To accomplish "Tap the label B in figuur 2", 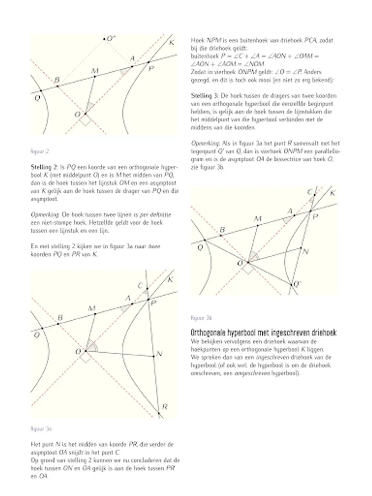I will pyautogui.click(x=56, y=80).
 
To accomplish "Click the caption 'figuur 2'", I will pyautogui.click(x=37, y=150).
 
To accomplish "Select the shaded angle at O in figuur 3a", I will pyautogui.click(x=93, y=347).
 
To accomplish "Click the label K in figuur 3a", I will pyautogui.click(x=170, y=280).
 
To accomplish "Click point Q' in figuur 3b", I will pyautogui.click(x=291, y=284).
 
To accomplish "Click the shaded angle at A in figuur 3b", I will pyautogui.click(x=286, y=220).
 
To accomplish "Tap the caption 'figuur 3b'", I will pyautogui.click(x=201, y=318).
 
